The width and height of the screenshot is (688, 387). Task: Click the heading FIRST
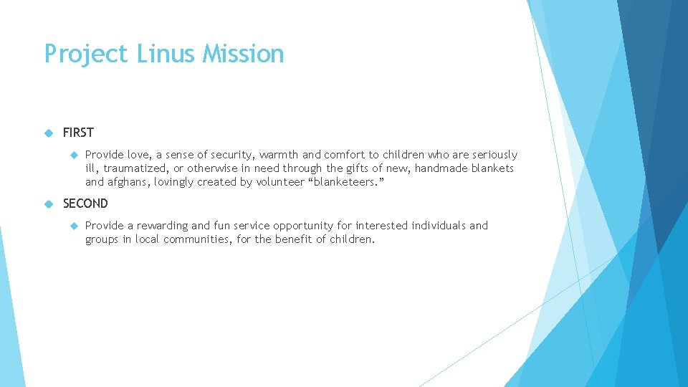click(78, 133)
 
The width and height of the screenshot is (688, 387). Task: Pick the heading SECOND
click(85, 204)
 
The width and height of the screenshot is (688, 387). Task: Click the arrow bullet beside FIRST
click(49, 133)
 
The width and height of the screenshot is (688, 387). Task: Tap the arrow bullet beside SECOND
click(49, 204)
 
